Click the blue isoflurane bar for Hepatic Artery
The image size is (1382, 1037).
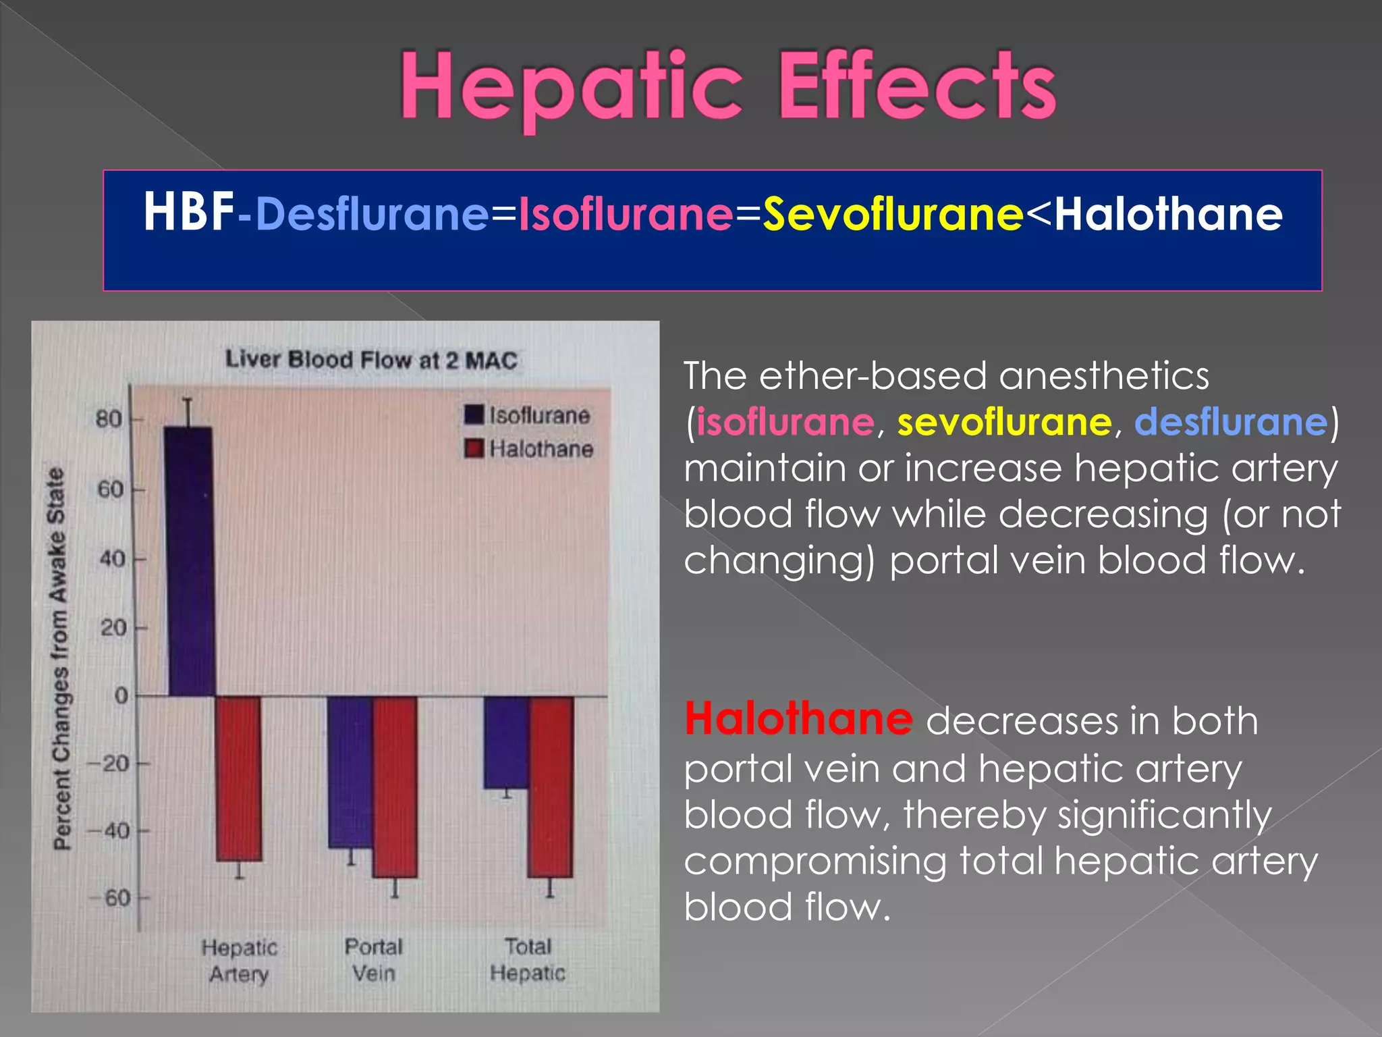tap(190, 560)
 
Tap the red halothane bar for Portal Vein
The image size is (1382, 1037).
tap(395, 787)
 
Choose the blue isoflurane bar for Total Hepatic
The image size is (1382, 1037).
tap(506, 741)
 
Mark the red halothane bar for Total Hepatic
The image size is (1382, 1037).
tap(551, 787)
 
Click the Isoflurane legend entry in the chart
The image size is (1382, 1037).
tap(528, 415)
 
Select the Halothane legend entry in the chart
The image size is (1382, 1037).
tap(529, 449)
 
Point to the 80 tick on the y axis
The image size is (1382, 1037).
tap(109, 419)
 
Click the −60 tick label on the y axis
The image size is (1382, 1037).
tap(111, 899)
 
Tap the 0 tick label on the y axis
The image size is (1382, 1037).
tap(121, 695)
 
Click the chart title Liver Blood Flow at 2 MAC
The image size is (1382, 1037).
tap(371, 360)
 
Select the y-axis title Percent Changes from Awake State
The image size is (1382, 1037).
tap(59, 658)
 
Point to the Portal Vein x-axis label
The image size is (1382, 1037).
tap(373, 959)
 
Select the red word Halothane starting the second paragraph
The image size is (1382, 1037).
tap(798, 719)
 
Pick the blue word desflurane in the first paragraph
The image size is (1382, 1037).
tap(1231, 422)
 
